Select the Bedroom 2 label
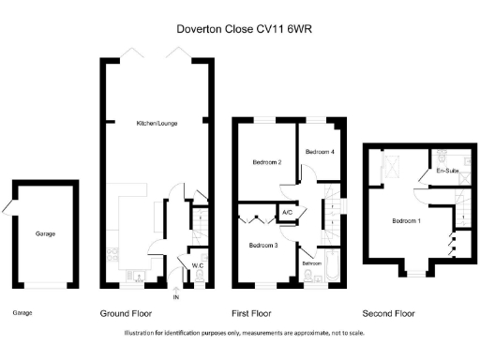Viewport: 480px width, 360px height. [x=267, y=162]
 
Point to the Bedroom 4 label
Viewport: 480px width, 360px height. [x=320, y=151]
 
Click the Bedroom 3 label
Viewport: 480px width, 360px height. [x=262, y=245]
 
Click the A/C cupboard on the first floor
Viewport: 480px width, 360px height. [x=286, y=214]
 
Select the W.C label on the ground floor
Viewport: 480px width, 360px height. [x=198, y=265]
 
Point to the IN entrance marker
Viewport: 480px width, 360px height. [x=175, y=297]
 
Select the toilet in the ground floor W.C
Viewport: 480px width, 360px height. [x=198, y=277]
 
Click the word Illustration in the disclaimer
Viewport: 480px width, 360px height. [x=143, y=333]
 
